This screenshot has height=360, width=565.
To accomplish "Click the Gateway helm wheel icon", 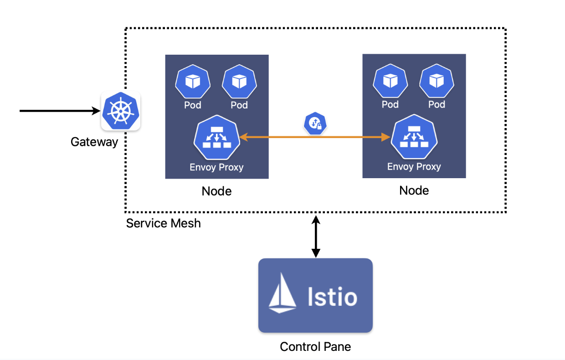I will click(120, 111).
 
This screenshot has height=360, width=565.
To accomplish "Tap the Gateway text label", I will click(94, 142).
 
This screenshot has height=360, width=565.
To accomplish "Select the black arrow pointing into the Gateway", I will click(59, 111).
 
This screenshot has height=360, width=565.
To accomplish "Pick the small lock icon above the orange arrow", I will click(316, 123).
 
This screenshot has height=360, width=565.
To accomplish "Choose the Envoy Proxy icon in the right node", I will click(414, 138).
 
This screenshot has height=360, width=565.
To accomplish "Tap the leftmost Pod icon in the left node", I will click(193, 82).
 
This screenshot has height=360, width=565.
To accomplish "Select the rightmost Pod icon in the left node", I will click(239, 82).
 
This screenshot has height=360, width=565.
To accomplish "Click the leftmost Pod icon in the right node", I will click(390, 82).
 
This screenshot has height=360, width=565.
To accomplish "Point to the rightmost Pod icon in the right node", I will click(437, 82).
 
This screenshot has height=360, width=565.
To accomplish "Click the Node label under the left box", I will click(216, 191).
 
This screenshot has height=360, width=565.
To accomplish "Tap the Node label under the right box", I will click(414, 190).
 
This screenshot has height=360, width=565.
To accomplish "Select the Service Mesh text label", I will click(163, 224).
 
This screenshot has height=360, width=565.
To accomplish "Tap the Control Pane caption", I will click(315, 347).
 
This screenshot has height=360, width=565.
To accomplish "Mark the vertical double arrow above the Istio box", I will click(315, 237).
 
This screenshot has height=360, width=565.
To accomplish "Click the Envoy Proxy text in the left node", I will click(216, 167).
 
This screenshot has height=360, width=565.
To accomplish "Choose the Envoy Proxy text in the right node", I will click(414, 167).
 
